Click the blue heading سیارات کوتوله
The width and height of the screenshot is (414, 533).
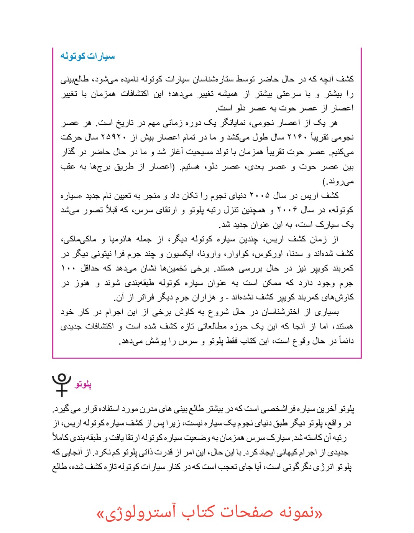click(x=87, y=56)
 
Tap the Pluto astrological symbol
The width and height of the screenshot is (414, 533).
click(x=62, y=384)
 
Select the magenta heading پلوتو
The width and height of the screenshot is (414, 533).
click(x=83, y=384)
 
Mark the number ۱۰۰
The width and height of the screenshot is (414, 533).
click(x=67, y=268)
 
